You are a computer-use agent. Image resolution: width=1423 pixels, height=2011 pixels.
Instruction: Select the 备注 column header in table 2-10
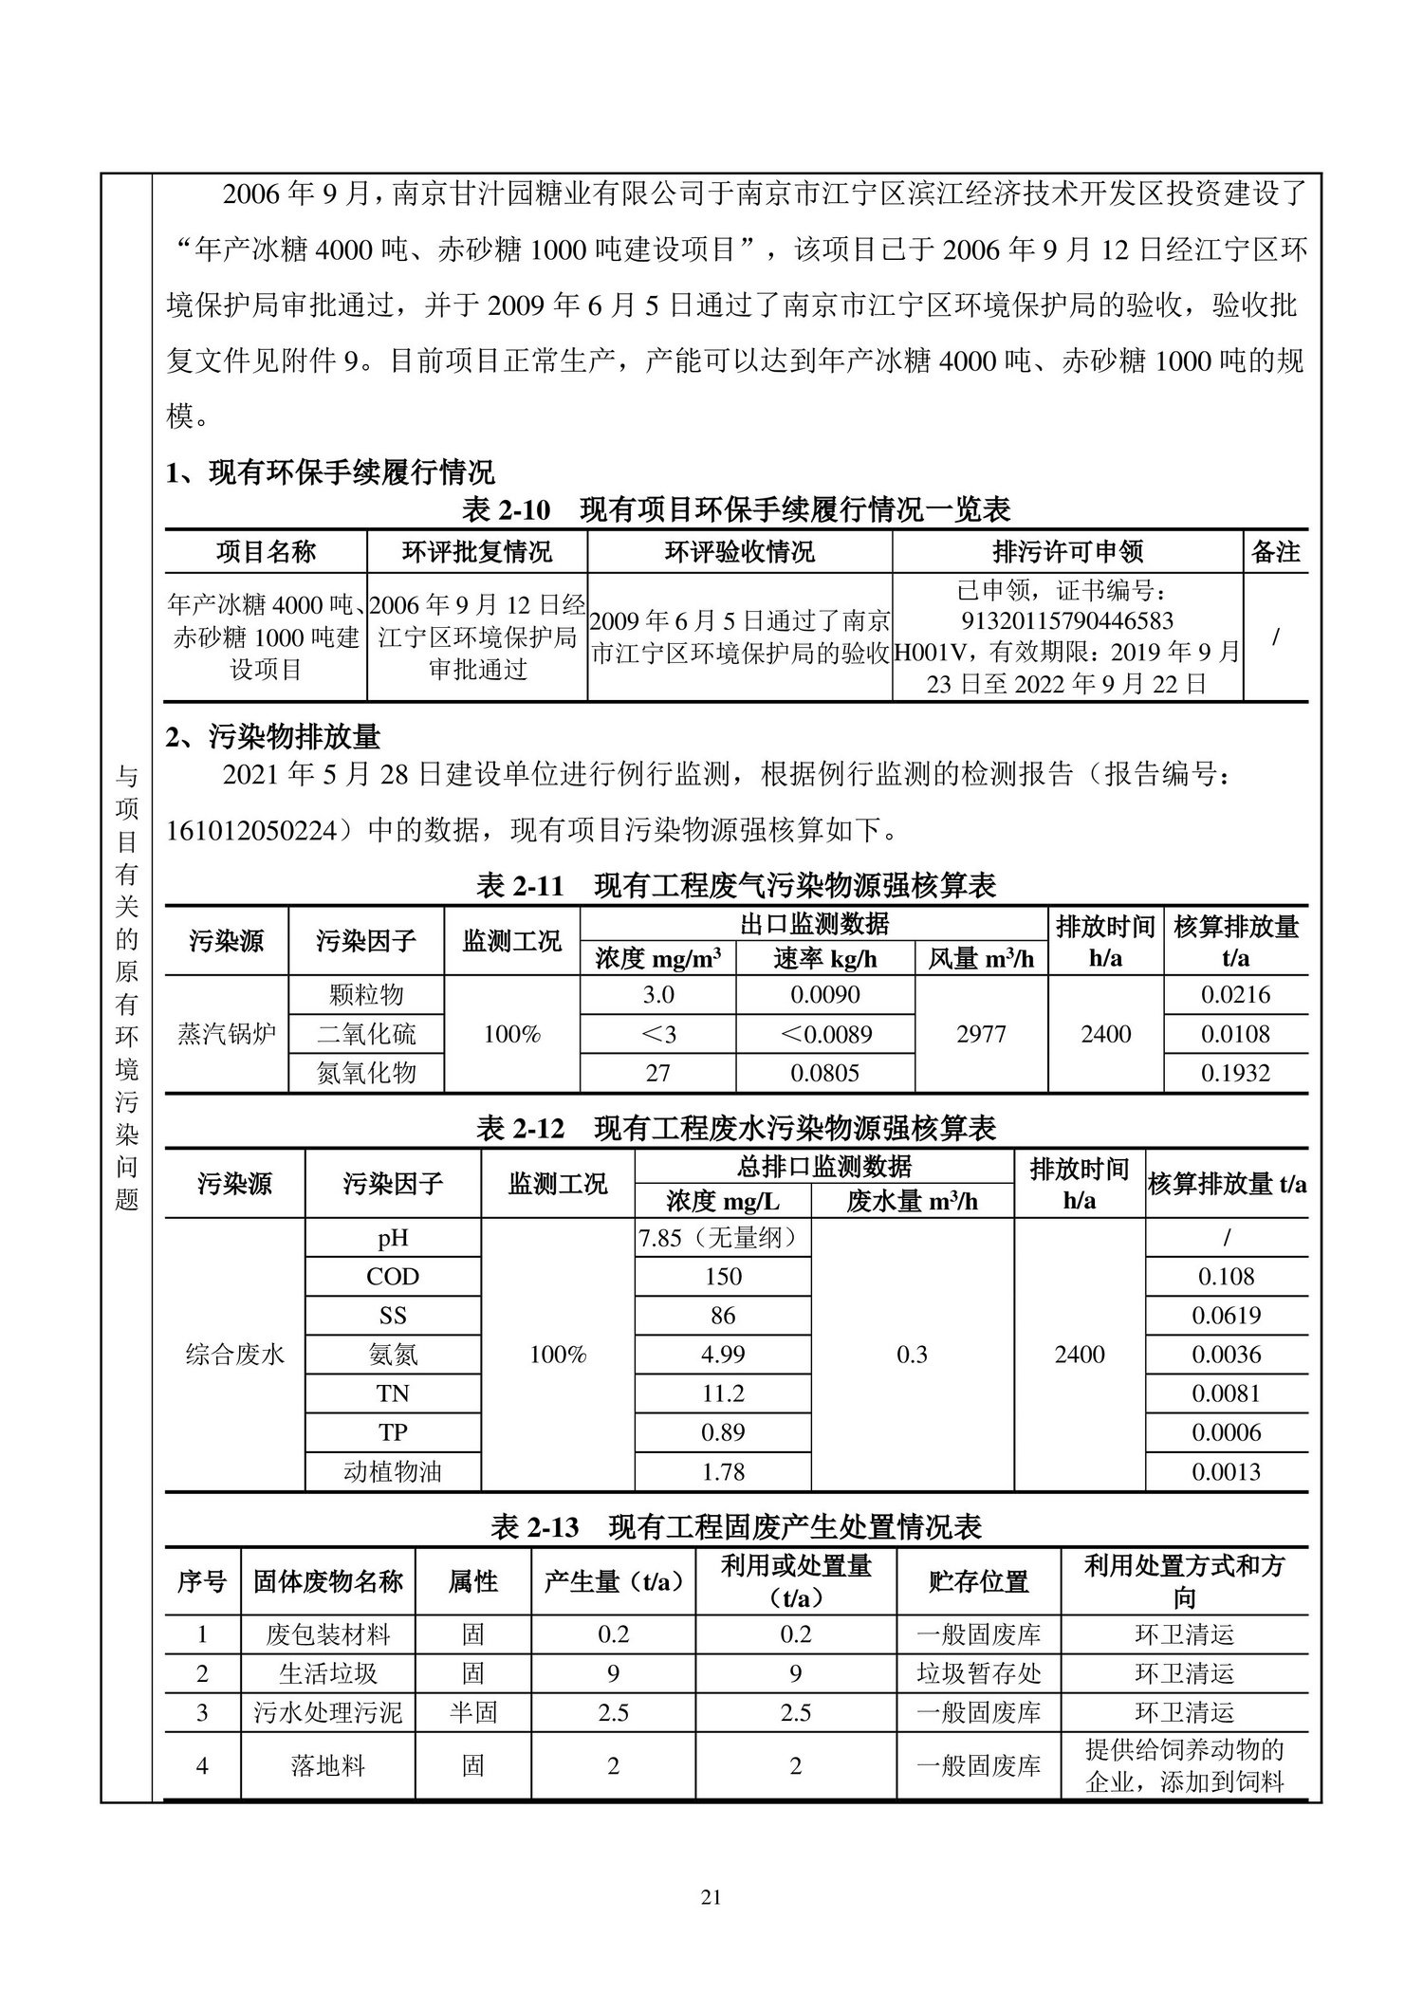(x=1275, y=551)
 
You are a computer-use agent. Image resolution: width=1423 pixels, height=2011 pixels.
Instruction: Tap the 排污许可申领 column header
(x=1067, y=551)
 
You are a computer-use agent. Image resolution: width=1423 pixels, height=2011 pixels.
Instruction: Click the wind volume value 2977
(x=981, y=1034)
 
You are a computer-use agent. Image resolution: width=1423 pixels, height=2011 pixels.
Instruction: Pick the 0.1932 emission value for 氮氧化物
(x=1235, y=1073)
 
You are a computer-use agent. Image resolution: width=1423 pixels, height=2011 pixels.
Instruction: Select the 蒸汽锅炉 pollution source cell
(x=227, y=1034)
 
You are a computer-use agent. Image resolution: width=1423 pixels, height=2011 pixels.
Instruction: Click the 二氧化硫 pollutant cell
(x=366, y=1034)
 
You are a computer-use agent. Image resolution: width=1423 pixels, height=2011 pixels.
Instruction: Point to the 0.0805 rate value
(x=824, y=1073)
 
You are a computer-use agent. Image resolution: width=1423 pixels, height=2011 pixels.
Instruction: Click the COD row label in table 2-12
(x=393, y=1277)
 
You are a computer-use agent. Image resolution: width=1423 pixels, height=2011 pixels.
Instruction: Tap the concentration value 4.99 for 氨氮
(x=723, y=1355)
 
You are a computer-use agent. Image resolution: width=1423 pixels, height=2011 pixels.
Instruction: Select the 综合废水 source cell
(x=234, y=1355)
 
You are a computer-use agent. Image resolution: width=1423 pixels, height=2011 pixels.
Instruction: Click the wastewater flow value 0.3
(x=912, y=1355)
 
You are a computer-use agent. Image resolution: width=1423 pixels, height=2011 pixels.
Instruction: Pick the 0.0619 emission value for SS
(x=1227, y=1316)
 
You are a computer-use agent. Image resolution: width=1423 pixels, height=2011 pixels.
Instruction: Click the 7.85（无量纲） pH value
(x=717, y=1238)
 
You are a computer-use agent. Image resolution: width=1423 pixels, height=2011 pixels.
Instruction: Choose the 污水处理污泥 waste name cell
(x=327, y=1712)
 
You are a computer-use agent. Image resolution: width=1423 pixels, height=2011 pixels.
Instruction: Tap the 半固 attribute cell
(x=472, y=1712)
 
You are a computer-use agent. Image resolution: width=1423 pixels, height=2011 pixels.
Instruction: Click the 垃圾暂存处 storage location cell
(x=978, y=1673)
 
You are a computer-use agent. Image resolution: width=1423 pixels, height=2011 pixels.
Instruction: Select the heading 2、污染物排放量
(x=273, y=736)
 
